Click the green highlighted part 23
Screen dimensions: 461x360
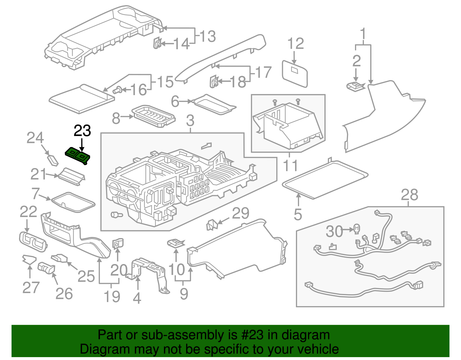pyautogui.click(x=78, y=156)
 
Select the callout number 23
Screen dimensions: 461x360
pyautogui.click(x=82, y=131)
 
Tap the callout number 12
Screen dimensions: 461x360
pyautogui.click(x=296, y=44)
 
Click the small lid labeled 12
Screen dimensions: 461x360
pyautogui.click(x=295, y=73)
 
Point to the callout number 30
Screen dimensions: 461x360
pyautogui.click(x=334, y=231)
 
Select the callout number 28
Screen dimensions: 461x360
pyautogui.click(x=409, y=195)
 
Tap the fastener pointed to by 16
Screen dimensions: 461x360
pyautogui.click(x=117, y=91)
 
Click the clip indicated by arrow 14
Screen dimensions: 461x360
pyautogui.click(x=157, y=43)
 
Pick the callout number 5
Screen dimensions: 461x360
pyautogui.click(x=298, y=214)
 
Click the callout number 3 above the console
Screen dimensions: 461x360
pyautogui.click(x=190, y=120)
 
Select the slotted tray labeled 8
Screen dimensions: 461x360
pyautogui.click(x=153, y=116)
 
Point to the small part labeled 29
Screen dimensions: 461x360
pyautogui.click(x=212, y=225)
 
